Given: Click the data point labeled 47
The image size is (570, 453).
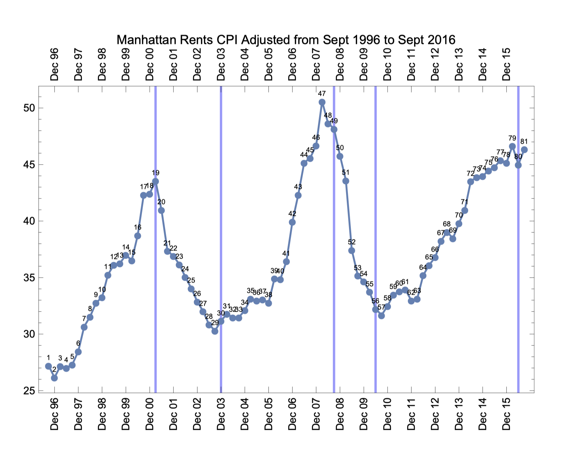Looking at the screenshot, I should (322, 102).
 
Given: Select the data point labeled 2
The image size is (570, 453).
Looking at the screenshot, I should (54, 378).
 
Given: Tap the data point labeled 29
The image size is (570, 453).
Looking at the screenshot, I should (215, 331).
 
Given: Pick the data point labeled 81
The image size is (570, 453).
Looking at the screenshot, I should (524, 150).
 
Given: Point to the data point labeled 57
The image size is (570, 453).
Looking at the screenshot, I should (381, 316).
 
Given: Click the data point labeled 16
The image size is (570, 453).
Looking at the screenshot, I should (138, 236).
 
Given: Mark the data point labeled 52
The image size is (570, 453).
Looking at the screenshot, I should (352, 250).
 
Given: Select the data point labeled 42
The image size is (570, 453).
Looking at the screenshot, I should (292, 222).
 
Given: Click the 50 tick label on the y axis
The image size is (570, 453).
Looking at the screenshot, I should (29, 108).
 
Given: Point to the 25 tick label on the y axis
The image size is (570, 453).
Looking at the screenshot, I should (29, 391).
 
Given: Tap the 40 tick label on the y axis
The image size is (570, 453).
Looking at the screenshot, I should (29, 221).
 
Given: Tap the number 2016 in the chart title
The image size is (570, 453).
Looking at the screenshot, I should (441, 40).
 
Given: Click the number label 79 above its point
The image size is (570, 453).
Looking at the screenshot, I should (512, 138).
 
